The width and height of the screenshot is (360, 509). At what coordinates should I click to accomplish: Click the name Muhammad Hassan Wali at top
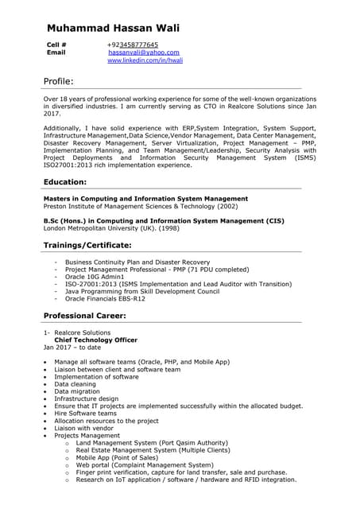(x=113, y=28)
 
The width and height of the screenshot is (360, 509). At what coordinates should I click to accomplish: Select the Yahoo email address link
(x=138, y=52)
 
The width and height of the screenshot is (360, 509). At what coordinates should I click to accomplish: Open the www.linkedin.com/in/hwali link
(x=145, y=60)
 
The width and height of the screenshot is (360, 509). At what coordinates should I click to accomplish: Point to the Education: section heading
(x=65, y=182)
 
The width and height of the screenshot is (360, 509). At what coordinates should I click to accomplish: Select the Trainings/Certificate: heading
(x=87, y=245)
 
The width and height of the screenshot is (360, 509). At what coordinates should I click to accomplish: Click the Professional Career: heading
(x=84, y=316)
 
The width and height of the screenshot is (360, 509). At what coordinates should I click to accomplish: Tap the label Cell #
(x=57, y=45)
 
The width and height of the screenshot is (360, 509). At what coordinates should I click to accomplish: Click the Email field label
(x=56, y=52)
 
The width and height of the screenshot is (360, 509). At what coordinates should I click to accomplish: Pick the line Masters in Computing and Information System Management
(x=145, y=198)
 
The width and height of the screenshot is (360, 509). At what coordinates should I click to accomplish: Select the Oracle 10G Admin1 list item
(x=100, y=276)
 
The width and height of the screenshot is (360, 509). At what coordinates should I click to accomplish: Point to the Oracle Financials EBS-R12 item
(x=105, y=299)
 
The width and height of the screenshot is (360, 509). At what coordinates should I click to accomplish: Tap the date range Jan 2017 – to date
(x=72, y=348)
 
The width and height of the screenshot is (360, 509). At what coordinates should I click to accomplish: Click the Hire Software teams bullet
(x=85, y=414)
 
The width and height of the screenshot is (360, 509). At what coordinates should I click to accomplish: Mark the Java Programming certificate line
(x=142, y=291)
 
